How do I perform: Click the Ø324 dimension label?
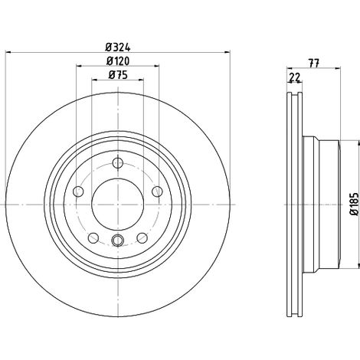pyautogui.click(x=118, y=47)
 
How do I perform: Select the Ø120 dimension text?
pyautogui.click(x=118, y=61)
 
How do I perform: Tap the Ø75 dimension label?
pyautogui.click(x=118, y=75)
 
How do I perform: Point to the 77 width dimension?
pyautogui.click(x=314, y=63)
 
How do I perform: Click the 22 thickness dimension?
pyautogui.click(x=295, y=77)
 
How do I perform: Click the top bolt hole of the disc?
pyautogui.click(x=118, y=163)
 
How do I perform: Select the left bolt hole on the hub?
pyautogui.click(x=78, y=191)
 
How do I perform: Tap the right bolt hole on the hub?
pyautogui.click(x=157, y=191)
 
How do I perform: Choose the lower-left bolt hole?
pyautogui.click(x=93, y=238)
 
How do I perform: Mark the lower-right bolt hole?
pyautogui.click(x=142, y=238)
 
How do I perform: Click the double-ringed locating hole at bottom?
pyautogui.click(x=118, y=240)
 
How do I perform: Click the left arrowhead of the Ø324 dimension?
pyautogui.click(x=8, y=53)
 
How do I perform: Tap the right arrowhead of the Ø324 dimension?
pyautogui.click(x=227, y=53)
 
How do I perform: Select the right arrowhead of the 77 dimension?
pyautogui.click(x=338, y=68)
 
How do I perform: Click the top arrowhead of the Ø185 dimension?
pyautogui.click(x=355, y=143)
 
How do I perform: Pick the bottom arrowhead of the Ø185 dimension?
pyautogui.click(x=355, y=265)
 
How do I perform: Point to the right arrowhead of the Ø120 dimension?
pyautogui.click(x=156, y=66)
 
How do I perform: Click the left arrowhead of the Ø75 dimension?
pyautogui.click(x=95, y=80)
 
